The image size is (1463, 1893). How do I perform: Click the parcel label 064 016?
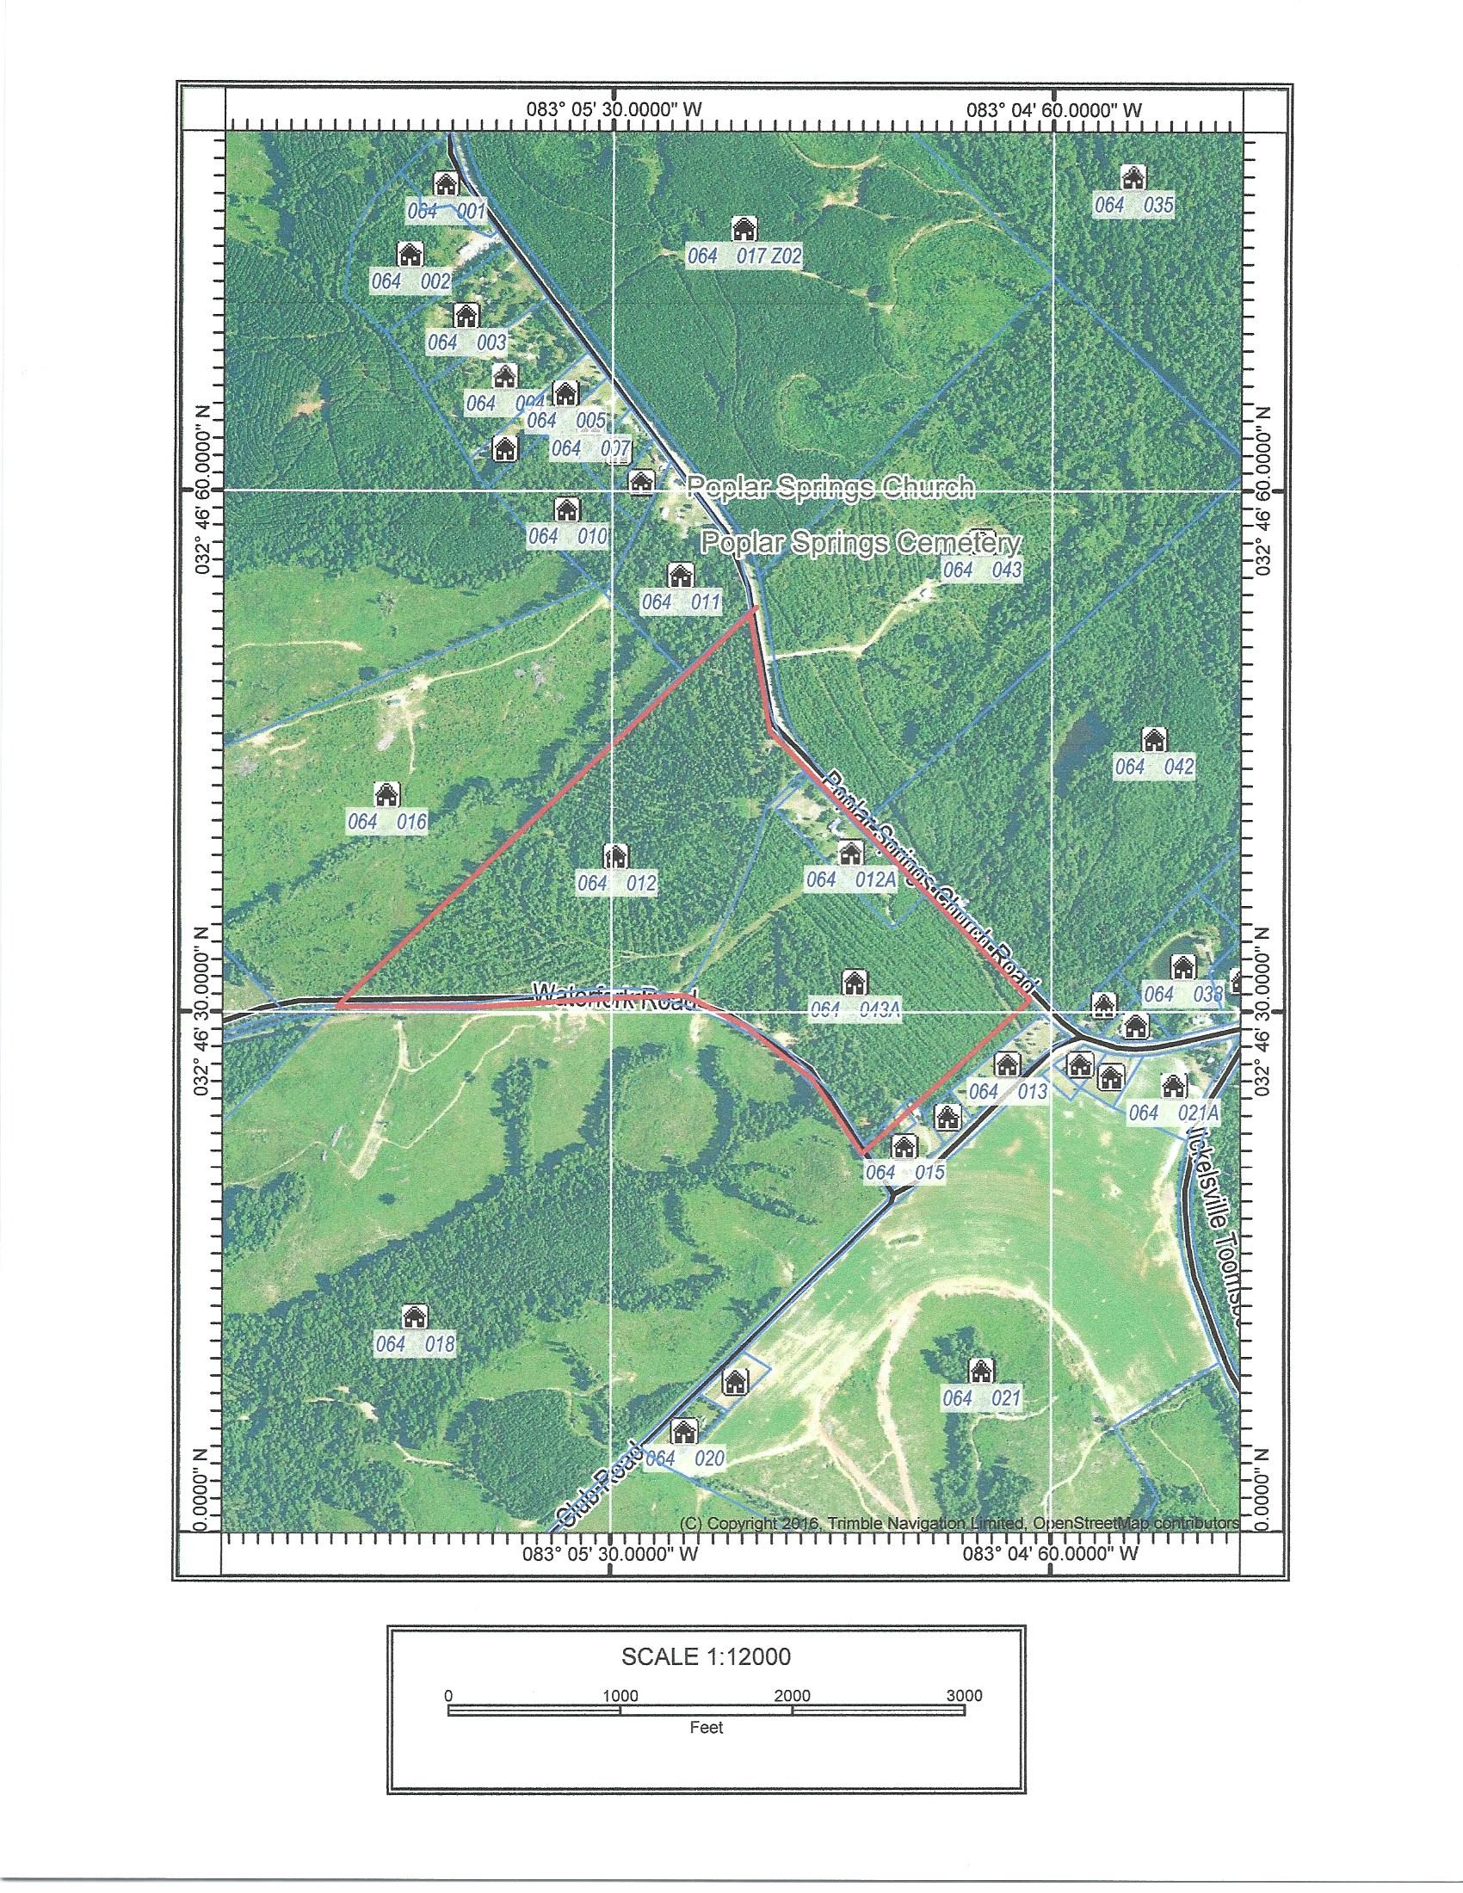tap(387, 821)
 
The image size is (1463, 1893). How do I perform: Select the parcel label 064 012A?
tap(850, 879)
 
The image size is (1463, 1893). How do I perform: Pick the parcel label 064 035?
tap(1133, 206)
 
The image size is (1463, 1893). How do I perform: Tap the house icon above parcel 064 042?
tap(1152, 739)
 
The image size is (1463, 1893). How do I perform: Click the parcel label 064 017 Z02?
tap(744, 256)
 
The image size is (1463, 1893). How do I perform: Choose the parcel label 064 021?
tap(982, 1398)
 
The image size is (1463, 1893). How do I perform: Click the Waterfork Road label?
tap(615, 994)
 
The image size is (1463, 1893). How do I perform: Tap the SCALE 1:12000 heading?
tap(706, 1657)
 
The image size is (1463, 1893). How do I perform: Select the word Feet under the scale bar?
tap(706, 1728)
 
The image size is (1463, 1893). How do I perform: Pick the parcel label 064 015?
tap(904, 1173)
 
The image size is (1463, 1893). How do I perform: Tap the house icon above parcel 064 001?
tap(446, 184)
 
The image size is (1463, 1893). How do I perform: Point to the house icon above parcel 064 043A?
tap(854, 982)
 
